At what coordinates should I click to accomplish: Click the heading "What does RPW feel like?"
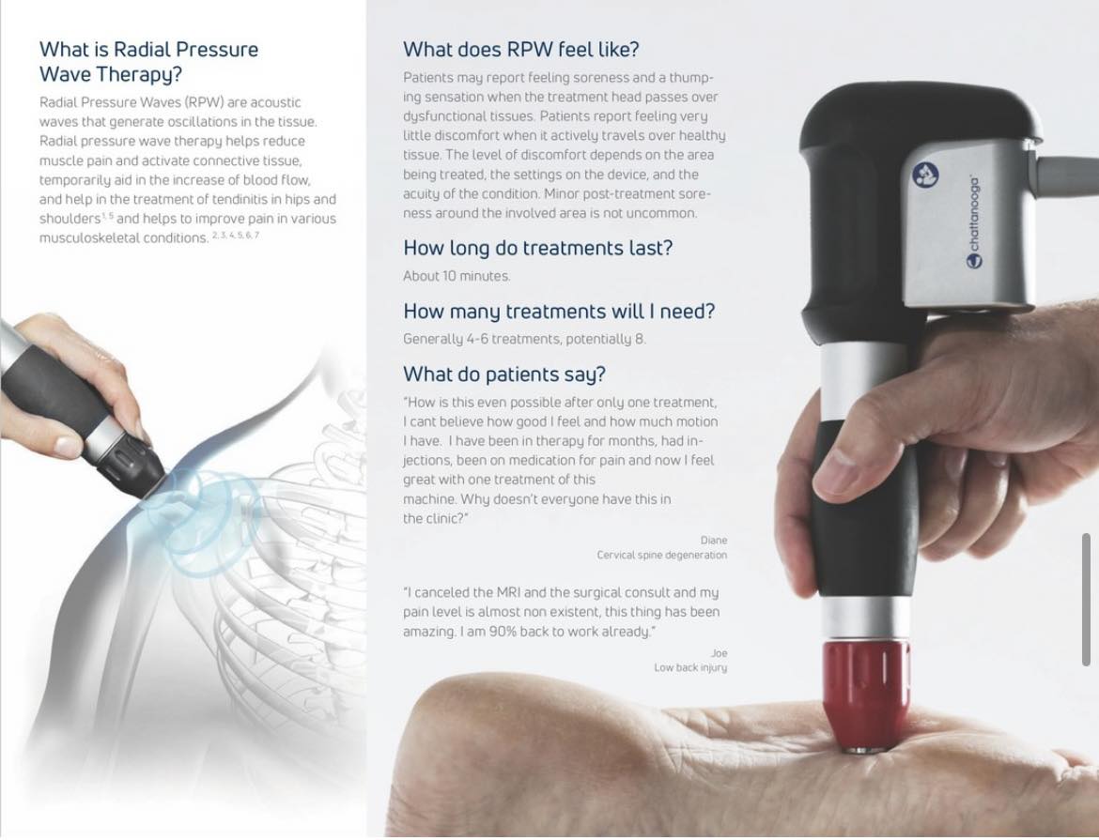[x=520, y=50]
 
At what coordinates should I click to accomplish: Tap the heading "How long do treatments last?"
[x=537, y=248]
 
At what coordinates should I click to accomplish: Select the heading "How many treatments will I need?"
[x=559, y=311]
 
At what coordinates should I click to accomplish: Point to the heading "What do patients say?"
[x=503, y=374]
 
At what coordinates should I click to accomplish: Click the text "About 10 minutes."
[x=457, y=276]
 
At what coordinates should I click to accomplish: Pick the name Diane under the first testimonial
[x=714, y=541]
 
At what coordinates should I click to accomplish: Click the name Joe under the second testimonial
[x=719, y=653]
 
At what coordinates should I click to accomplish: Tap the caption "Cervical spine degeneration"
[x=661, y=555]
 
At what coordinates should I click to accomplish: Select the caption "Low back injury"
[x=690, y=667]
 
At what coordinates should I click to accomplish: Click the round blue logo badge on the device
[x=926, y=175]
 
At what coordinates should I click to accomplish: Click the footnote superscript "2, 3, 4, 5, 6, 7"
[x=236, y=235]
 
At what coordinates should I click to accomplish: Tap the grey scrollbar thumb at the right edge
[x=1087, y=600]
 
